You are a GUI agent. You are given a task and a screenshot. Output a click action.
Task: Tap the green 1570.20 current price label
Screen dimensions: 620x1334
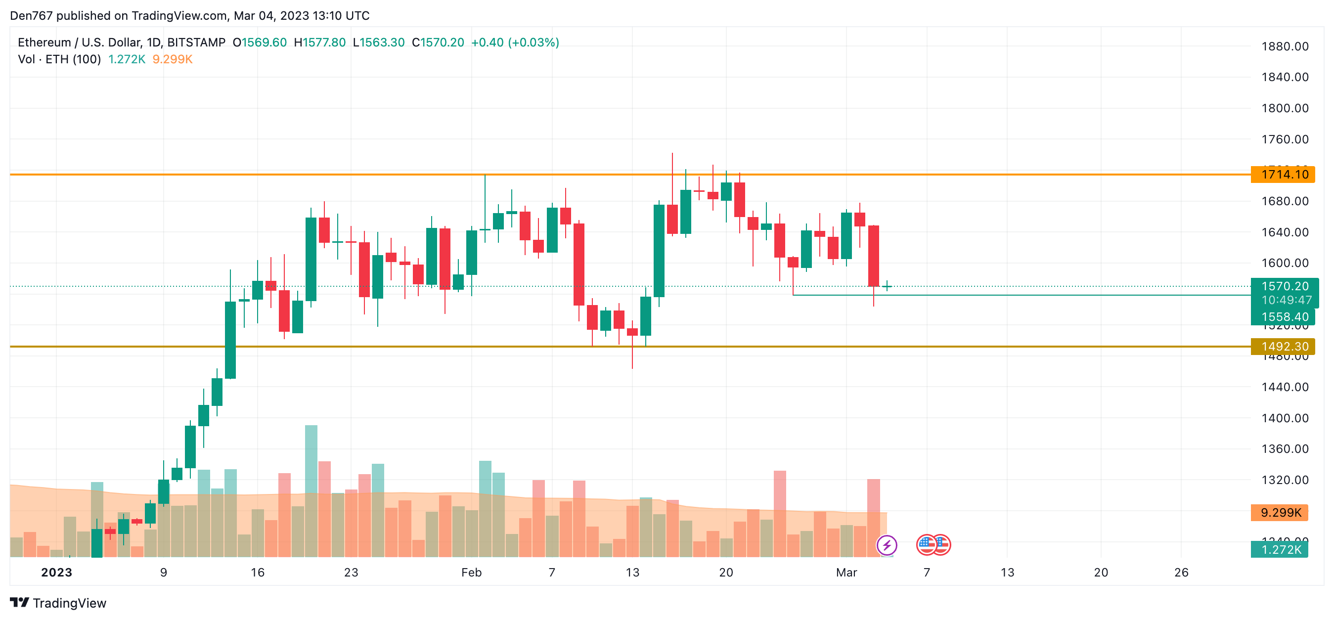1284,286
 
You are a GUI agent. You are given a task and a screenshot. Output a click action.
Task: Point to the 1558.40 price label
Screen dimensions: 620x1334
1284,317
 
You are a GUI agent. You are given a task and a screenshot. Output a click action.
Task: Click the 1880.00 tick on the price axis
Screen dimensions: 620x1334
1284,46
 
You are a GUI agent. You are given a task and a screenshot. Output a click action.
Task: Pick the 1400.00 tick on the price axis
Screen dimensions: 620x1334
1284,418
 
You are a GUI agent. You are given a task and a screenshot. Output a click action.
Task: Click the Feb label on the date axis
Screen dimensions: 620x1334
471,573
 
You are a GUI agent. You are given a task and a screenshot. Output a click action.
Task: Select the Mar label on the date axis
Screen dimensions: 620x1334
846,573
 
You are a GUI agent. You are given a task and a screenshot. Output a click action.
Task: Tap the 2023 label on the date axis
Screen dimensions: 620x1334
56,573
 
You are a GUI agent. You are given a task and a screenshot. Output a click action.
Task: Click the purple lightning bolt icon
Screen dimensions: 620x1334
887,545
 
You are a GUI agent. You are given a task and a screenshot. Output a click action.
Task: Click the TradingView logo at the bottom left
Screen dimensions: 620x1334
58,603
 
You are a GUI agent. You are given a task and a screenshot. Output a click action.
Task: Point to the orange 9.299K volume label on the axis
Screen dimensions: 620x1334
1280,513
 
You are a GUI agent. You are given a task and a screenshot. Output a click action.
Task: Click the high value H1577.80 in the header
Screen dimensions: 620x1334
319,43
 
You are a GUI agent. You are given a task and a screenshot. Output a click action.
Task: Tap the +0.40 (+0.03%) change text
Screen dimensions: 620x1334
515,43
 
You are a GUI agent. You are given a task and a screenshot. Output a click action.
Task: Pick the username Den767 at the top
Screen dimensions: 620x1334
31,15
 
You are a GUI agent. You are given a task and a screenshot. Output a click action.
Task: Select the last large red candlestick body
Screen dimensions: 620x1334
873,256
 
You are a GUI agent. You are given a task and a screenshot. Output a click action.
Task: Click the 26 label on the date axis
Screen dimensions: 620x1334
1181,573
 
